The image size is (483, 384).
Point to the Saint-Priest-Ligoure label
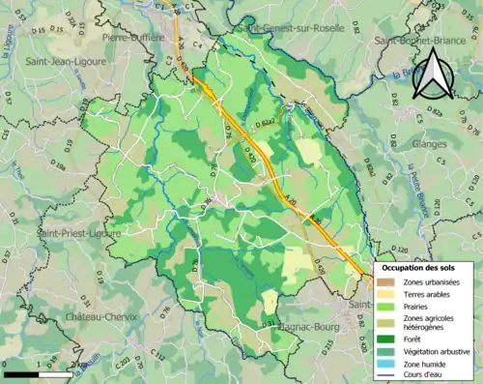tap(74, 233)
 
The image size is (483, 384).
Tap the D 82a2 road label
tap(266, 124)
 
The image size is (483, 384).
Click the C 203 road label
tap(123, 364)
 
